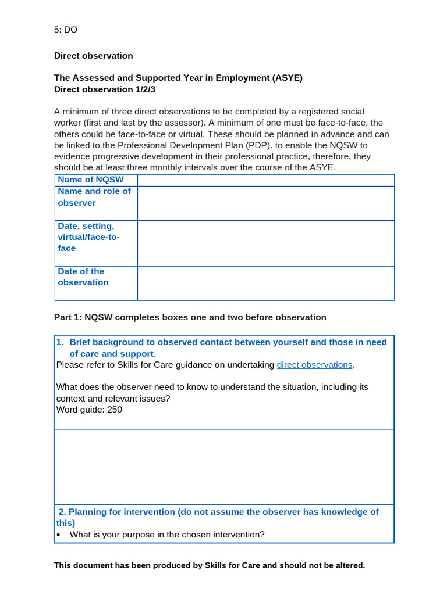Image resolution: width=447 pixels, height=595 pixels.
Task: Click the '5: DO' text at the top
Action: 66,30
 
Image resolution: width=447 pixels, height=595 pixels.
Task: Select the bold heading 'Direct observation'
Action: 93,56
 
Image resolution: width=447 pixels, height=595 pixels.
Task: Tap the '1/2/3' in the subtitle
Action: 146,89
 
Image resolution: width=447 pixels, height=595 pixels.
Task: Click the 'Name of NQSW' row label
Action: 91,180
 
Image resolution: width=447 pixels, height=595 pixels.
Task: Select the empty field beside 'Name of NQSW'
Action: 265,180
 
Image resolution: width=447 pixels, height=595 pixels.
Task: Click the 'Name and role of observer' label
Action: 94,197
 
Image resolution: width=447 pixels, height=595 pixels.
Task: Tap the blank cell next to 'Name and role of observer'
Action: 265,203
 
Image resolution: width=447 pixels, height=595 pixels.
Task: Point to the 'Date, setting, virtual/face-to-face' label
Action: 88,237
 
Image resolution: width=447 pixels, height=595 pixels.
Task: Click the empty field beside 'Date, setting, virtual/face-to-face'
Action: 265,243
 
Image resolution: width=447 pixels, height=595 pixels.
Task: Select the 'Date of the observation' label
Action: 83,277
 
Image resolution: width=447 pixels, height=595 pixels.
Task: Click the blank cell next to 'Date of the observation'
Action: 265,284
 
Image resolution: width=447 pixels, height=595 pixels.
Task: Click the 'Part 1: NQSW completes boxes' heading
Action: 190,317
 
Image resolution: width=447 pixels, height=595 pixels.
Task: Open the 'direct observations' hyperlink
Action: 314,365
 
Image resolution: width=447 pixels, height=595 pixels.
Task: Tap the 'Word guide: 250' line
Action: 89,410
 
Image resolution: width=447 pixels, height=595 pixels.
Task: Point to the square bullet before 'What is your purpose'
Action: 59,535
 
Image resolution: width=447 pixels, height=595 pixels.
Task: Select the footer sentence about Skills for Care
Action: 210,565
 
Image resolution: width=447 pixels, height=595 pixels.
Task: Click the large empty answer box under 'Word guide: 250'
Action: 224,467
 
